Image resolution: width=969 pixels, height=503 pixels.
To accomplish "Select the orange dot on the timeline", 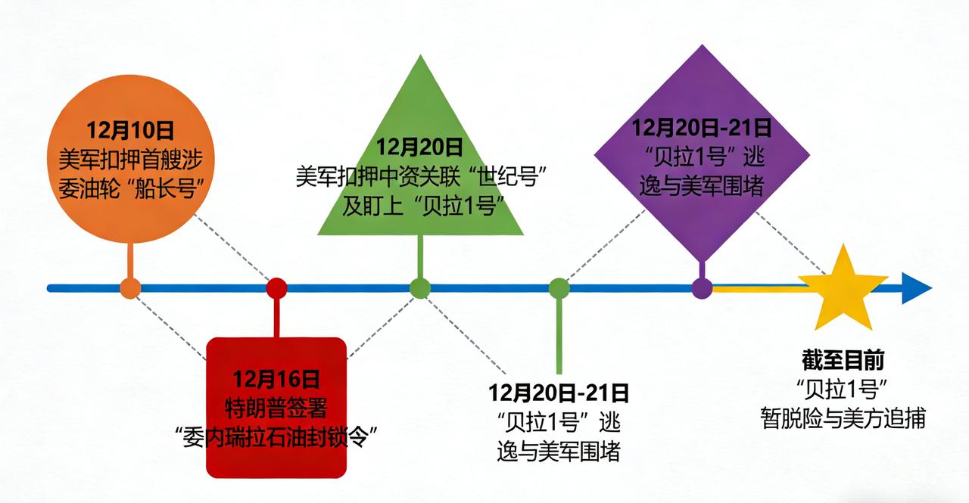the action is (131, 288).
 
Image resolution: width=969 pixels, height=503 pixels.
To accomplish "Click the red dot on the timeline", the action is (277, 288).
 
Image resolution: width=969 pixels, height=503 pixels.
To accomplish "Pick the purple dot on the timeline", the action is (703, 288).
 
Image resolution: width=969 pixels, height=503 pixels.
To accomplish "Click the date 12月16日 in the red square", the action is (276, 378).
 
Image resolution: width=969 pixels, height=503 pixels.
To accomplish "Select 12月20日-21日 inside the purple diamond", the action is (702, 127).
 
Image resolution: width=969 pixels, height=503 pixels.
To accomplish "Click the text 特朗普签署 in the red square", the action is (276, 408).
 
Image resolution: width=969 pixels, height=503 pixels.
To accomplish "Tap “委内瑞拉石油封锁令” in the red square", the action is (276, 436).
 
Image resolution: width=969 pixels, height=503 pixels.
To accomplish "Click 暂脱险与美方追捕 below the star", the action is (843, 418).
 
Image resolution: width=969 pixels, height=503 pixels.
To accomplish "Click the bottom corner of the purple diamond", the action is (703, 261).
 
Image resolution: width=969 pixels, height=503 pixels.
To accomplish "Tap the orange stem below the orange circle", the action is (131, 261).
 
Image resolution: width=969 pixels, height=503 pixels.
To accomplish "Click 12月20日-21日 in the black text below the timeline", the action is (559, 393).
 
